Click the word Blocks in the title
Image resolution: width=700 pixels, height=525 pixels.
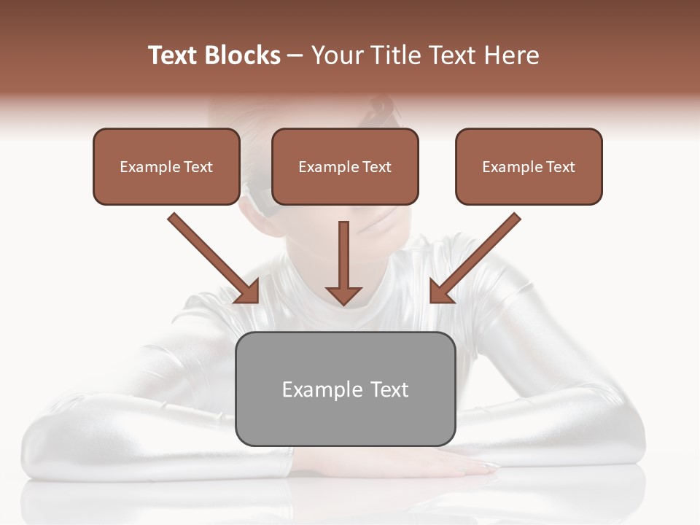pos(244,55)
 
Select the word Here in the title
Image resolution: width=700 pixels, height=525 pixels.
pos(511,55)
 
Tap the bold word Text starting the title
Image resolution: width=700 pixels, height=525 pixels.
pos(174,55)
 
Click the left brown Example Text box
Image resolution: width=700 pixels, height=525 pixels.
pos(166,167)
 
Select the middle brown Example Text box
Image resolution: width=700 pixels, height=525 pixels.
pos(345,167)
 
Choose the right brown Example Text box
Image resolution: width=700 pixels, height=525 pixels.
pos(529,167)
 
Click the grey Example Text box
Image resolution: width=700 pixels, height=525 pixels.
pos(345,389)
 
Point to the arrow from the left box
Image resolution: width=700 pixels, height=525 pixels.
pos(211,256)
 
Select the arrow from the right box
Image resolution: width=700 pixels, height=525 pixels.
pos(477,256)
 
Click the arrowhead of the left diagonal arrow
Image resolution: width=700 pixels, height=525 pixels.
pos(248,292)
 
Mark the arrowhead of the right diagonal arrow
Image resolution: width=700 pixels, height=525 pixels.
pos(440,292)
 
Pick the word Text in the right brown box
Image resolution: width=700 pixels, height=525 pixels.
pos(560,167)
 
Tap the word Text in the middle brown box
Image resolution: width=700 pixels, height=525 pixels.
pos(376,167)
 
